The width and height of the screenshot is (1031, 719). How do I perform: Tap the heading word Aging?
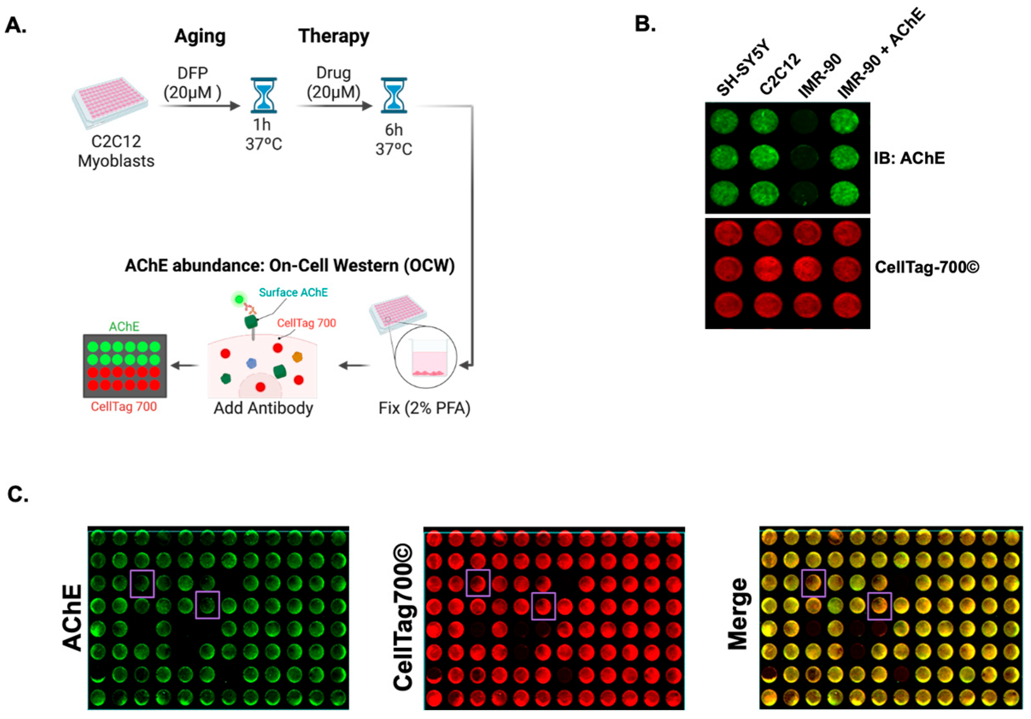click(x=200, y=36)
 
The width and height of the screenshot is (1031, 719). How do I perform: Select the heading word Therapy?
click(x=334, y=36)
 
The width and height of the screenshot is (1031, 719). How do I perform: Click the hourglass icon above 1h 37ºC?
click(x=264, y=95)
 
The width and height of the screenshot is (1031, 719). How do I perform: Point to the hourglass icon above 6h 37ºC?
click(x=394, y=95)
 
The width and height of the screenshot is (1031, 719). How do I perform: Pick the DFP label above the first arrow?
click(x=193, y=73)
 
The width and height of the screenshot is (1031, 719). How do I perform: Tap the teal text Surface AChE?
click(x=293, y=292)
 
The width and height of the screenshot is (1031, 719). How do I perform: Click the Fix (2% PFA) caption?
click(x=424, y=408)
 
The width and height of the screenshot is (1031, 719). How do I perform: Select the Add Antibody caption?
click(x=263, y=408)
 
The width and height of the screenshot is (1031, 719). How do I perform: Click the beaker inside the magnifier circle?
click(x=428, y=358)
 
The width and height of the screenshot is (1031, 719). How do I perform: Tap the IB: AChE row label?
click(x=909, y=158)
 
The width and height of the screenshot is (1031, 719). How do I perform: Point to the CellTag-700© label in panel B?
click(x=927, y=267)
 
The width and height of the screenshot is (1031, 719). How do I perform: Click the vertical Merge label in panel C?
click(x=738, y=614)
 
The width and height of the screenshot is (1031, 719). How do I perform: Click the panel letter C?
click(x=18, y=494)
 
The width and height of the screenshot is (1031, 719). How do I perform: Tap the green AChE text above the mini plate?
click(x=124, y=326)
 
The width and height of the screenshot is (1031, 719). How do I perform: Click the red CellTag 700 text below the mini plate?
click(x=124, y=407)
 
